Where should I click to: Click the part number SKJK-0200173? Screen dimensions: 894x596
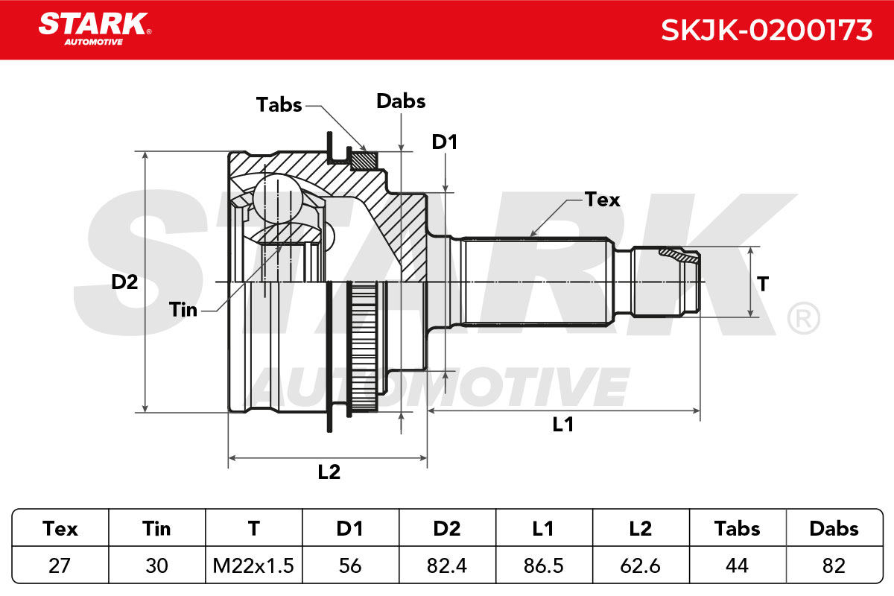pyautogui.click(x=767, y=31)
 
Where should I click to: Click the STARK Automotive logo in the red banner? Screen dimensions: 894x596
pyautogui.click(x=95, y=29)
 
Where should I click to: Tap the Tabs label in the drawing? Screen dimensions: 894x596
pyautogui.click(x=279, y=105)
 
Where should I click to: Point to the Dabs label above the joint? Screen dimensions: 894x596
pyautogui.click(x=401, y=101)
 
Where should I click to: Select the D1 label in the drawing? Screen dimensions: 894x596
pyautogui.click(x=444, y=142)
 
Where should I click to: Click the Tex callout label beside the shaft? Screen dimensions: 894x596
pyautogui.click(x=602, y=200)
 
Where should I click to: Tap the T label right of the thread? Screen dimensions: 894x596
pyautogui.click(x=763, y=285)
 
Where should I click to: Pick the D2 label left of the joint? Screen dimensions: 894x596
pyautogui.click(x=124, y=282)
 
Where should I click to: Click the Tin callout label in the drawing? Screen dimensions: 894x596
pyautogui.click(x=183, y=310)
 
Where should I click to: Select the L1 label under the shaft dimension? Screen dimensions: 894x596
pyautogui.click(x=562, y=425)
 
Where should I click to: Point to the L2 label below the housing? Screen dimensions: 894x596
pyautogui.click(x=329, y=472)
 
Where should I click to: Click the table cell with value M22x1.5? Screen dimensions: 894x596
pyautogui.click(x=253, y=565)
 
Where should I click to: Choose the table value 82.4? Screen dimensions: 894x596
pyautogui.click(x=446, y=565)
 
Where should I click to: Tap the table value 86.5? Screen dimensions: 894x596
pyautogui.click(x=544, y=565)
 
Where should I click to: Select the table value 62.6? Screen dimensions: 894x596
pyautogui.click(x=640, y=565)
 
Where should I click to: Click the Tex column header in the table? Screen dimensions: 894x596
pyautogui.click(x=60, y=529)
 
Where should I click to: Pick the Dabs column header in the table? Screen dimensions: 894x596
pyautogui.click(x=834, y=529)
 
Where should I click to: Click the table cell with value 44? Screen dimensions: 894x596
pyautogui.click(x=737, y=565)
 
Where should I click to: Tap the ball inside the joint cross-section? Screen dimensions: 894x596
pyautogui.click(x=278, y=198)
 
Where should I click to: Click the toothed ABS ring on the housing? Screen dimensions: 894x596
pyautogui.click(x=362, y=347)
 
